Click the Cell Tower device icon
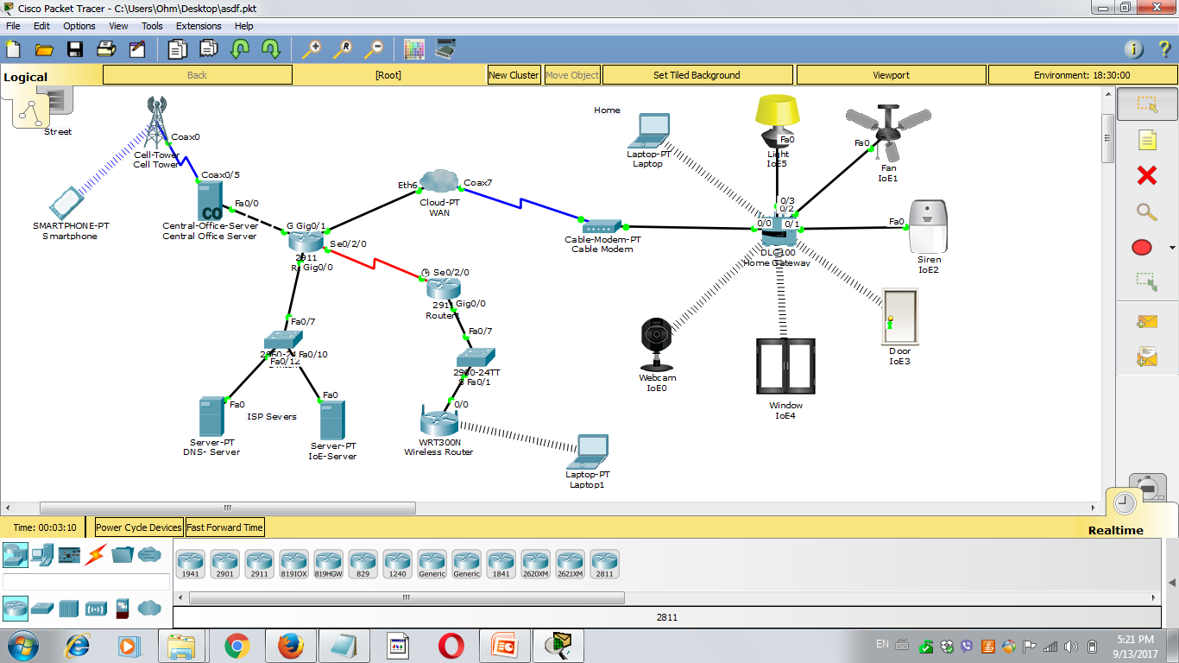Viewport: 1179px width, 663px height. coord(155,123)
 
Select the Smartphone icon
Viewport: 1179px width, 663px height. coord(70,202)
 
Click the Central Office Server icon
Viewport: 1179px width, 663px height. coord(209,200)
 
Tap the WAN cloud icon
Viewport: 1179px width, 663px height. coord(440,182)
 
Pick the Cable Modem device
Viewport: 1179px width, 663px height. coord(602,227)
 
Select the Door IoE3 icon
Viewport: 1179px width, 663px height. coord(899,317)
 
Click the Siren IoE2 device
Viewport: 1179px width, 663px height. coord(929,226)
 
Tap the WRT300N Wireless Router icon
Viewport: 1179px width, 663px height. coord(438,422)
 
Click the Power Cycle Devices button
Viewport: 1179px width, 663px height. coord(139,527)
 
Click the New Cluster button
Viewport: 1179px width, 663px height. coord(514,75)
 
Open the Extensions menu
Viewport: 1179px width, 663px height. coord(199,26)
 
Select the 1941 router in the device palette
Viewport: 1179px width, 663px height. coord(190,564)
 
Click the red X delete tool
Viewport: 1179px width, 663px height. coord(1146,176)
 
